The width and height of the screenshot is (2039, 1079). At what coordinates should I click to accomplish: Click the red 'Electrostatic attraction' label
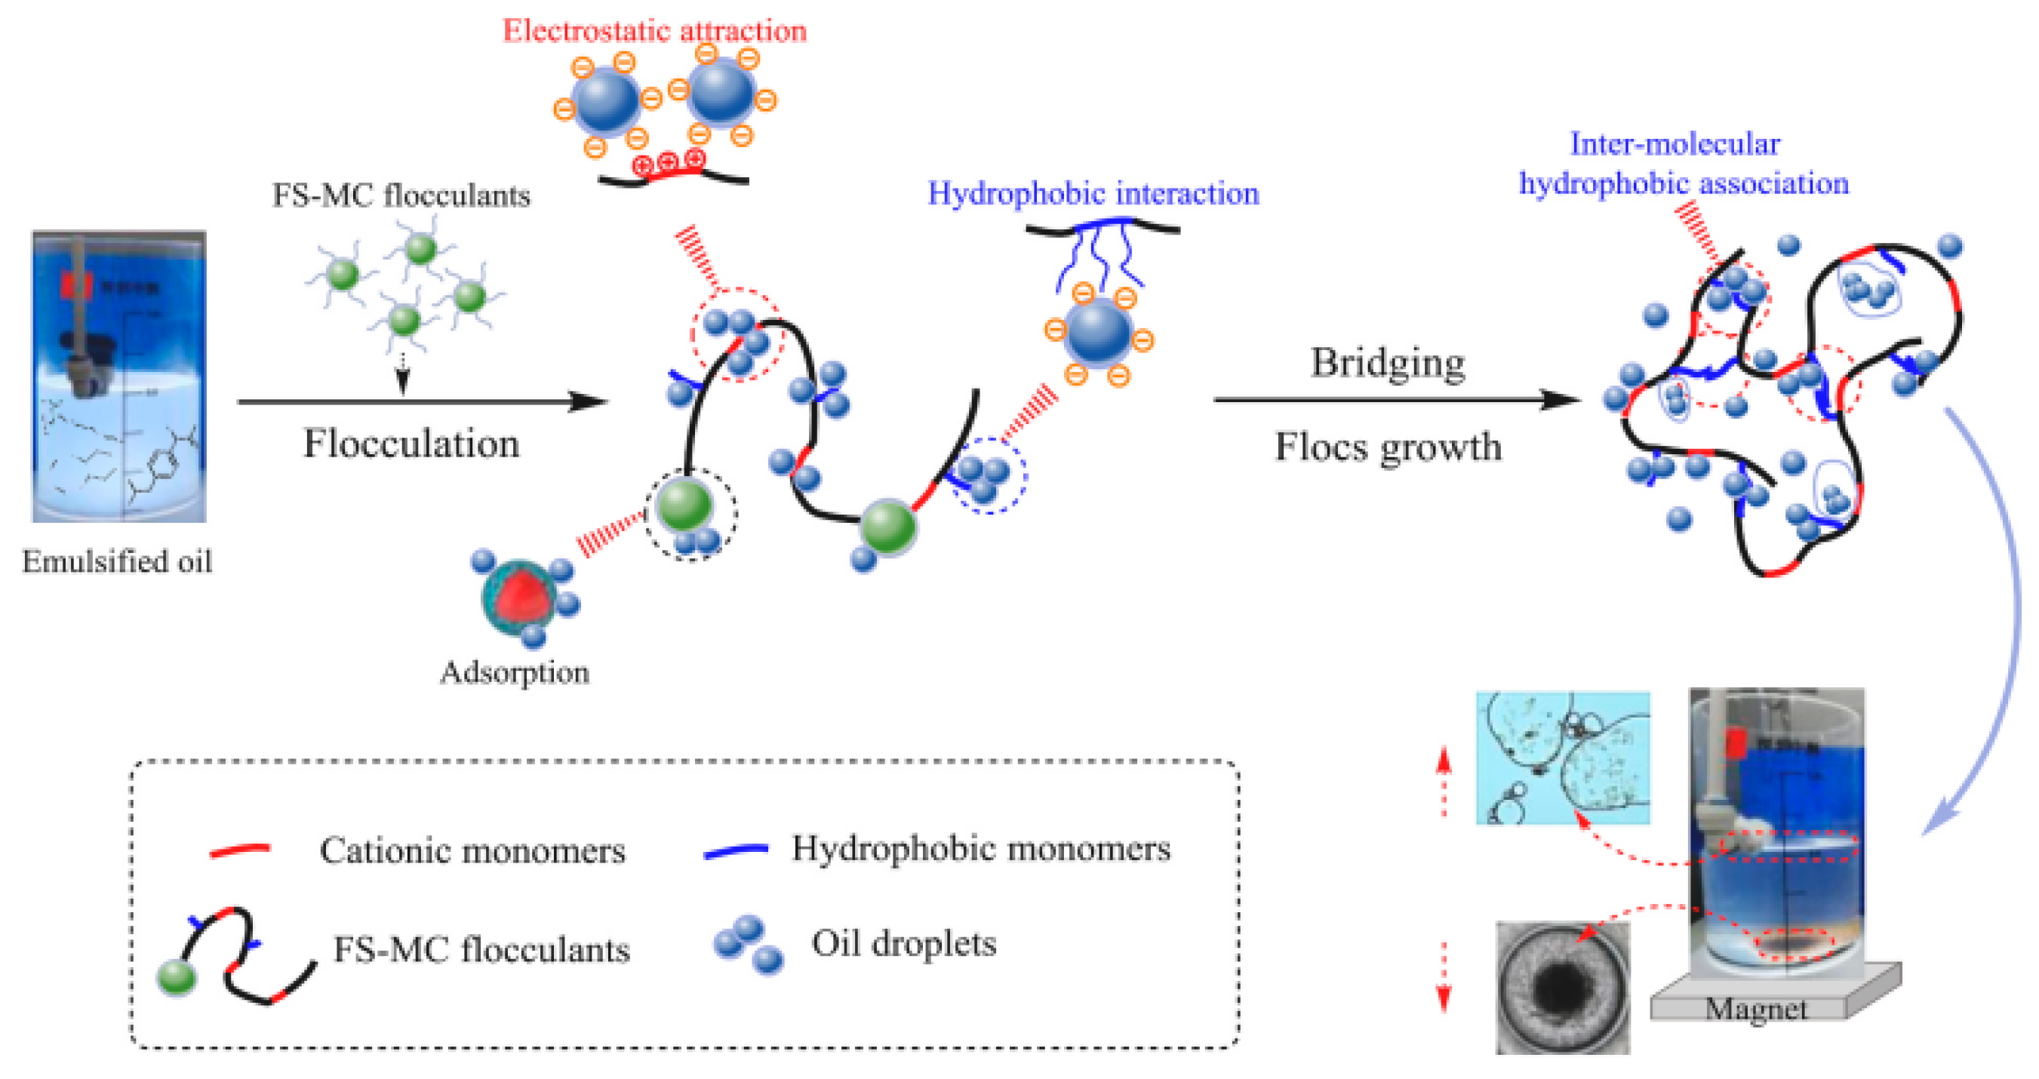click(654, 31)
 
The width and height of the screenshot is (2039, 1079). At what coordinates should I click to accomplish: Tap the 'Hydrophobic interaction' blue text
click(1093, 193)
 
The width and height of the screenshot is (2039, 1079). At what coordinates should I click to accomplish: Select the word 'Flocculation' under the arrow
click(411, 444)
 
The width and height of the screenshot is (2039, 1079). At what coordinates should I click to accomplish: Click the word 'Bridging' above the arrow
click(1387, 364)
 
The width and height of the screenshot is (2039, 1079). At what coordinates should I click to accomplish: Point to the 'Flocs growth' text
click(1387, 447)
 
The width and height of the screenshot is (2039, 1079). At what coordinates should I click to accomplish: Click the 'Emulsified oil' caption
click(117, 561)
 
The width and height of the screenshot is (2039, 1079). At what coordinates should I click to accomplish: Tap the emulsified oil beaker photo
click(118, 376)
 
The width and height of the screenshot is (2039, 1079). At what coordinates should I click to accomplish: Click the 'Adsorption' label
click(515, 672)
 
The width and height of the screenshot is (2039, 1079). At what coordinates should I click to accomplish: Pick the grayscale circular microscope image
click(1562, 987)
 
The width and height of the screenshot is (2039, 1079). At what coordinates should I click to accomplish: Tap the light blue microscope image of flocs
click(1562, 758)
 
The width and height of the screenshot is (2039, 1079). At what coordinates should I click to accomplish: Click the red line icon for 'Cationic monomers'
click(240, 850)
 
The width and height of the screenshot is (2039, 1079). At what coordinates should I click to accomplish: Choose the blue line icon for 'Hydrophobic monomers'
click(735, 850)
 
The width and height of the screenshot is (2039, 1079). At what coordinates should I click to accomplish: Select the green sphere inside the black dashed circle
click(684, 505)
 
